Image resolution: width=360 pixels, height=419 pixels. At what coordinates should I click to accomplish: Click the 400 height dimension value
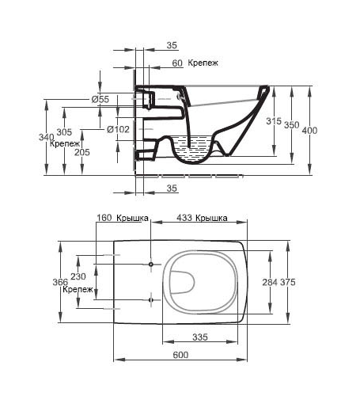coord(309,131)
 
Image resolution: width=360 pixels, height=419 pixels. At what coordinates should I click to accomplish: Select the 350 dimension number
coord(291,125)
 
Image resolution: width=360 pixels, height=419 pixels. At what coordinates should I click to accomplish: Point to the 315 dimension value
coord(274,121)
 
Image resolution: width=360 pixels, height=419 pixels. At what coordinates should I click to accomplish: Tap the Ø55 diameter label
coord(100,100)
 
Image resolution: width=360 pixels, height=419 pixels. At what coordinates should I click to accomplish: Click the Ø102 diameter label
coord(118,129)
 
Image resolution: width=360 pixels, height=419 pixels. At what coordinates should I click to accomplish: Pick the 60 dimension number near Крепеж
coord(177,63)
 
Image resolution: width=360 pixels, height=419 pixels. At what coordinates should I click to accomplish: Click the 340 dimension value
coord(47,137)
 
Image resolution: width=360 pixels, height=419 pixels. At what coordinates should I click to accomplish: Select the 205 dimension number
coord(82,152)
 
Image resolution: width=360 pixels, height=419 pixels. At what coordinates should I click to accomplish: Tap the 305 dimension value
coord(64,131)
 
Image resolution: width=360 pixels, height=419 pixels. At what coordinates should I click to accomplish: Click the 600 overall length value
coord(180,355)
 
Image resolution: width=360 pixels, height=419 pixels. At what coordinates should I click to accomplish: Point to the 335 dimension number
coord(200,337)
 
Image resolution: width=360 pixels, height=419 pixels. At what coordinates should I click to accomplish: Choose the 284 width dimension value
coord(270,282)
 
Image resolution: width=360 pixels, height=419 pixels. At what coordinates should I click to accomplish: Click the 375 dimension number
coord(288,282)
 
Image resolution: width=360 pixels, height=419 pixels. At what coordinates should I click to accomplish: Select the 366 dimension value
coord(60,282)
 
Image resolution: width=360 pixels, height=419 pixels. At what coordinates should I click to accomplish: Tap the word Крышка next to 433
coord(211,218)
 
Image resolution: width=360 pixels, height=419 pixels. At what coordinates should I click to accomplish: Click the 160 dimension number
coord(104,218)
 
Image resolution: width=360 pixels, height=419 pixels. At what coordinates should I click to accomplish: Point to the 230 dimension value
coord(78,276)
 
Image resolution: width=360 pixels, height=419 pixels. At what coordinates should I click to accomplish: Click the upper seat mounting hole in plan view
coord(151,265)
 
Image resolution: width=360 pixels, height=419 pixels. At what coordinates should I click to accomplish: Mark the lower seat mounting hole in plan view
coord(151,300)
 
